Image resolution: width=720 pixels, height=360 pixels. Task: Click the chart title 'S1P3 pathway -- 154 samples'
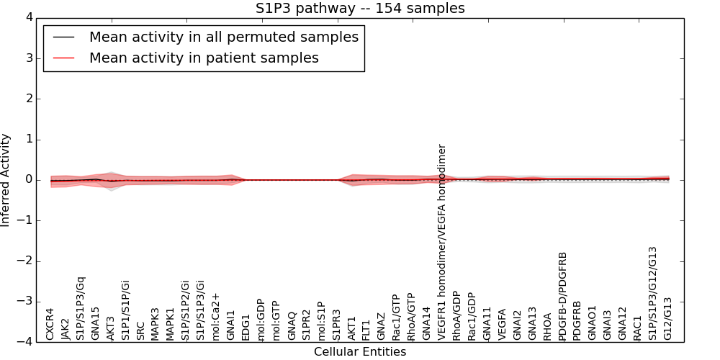tap(360, 9)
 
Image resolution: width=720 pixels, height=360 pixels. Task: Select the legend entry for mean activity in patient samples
tap(204, 58)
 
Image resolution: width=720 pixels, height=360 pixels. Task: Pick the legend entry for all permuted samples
tap(224, 37)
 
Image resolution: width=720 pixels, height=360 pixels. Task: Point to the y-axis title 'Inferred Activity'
tap(6, 179)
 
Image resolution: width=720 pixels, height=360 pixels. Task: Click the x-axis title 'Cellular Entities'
tap(360, 351)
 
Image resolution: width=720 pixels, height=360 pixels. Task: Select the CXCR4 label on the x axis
tap(50, 324)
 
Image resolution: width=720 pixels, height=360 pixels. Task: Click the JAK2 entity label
tap(66, 328)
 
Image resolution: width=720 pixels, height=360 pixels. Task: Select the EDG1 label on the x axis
tap(246, 326)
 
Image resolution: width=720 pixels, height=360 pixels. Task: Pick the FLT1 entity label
tap(366, 328)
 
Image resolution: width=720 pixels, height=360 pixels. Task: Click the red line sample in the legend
tap(65, 58)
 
